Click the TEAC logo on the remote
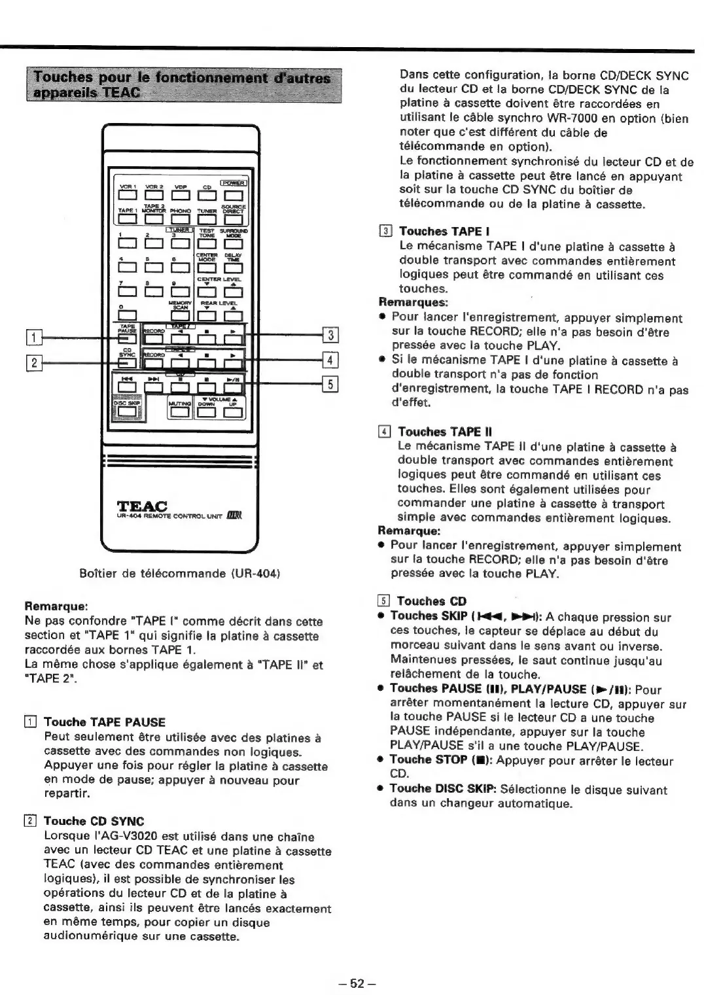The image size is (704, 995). [x=141, y=505]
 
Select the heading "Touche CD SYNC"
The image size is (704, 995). [x=94, y=821]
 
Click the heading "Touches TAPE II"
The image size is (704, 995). [x=445, y=432]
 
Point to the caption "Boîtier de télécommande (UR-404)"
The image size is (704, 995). [x=180, y=574]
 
